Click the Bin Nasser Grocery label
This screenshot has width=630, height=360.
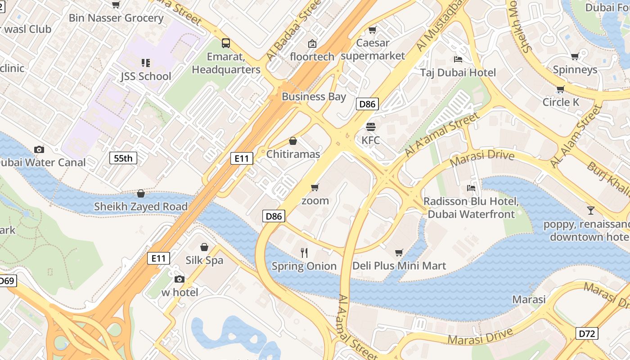point(116,18)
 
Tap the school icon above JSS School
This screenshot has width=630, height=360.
point(145,63)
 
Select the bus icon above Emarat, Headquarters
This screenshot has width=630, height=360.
point(226,43)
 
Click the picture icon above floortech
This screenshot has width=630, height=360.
point(312,44)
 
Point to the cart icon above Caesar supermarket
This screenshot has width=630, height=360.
point(372,30)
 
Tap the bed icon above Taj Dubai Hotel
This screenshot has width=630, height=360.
point(458,59)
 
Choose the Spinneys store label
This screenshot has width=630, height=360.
point(575,70)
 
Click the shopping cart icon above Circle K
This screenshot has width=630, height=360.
point(560,89)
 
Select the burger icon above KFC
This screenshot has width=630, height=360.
point(371,127)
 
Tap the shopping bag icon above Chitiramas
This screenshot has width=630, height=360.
point(293,141)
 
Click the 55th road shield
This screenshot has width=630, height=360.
point(123,158)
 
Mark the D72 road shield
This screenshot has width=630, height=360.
point(587,333)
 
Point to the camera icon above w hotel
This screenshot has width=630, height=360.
point(180,279)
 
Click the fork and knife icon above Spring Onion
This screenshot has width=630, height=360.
point(304,252)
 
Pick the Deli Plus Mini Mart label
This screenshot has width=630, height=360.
point(399,266)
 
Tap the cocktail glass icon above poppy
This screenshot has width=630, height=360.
point(590,210)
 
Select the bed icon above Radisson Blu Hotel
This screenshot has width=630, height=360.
point(471,188)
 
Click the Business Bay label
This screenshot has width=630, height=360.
point(314,97)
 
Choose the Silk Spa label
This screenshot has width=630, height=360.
point(204,260)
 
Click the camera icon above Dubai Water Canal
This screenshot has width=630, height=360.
point(39,149)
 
